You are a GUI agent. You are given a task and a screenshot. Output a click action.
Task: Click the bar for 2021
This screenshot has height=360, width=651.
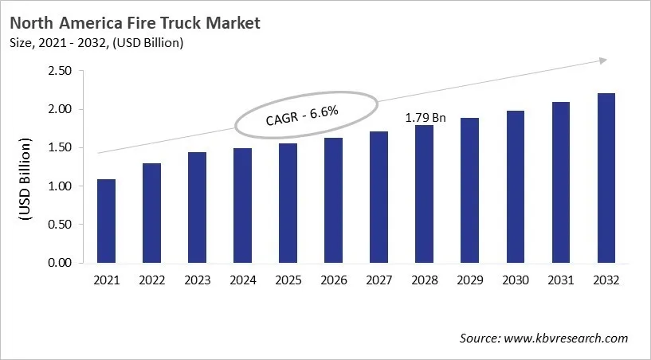[x=107, y=221]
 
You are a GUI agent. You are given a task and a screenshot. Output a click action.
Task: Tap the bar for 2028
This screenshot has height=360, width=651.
[x=425, y=194]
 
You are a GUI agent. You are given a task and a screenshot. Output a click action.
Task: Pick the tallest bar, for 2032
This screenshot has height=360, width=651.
[x=606, y=178]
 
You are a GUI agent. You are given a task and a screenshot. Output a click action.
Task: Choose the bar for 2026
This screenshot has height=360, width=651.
[x=334, y=200]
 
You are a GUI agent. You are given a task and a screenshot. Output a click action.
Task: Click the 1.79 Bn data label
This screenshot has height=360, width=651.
[x=426, y=118]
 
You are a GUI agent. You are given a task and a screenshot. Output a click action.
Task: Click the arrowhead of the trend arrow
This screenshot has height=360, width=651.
[x=604, y=61]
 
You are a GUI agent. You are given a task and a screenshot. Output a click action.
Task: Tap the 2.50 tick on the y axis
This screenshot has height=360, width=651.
[x=61, y=71]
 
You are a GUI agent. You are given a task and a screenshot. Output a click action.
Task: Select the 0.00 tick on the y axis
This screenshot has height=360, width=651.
[x=61, y=263]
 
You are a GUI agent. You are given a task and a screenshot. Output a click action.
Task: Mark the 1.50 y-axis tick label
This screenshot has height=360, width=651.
[x=61, y=148]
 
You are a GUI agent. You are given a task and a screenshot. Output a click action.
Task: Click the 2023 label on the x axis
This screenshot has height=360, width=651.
[x=198, y=280]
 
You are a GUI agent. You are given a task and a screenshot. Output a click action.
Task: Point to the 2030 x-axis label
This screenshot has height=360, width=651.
[x=516, y=280]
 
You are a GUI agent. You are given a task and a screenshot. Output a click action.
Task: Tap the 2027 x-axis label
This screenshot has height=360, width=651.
[x=379, y=280]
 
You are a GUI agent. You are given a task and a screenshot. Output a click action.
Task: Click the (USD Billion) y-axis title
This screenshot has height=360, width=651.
[x=25, y=180]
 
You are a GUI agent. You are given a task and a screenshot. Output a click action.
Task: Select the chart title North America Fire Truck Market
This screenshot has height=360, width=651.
[x=135, y=23]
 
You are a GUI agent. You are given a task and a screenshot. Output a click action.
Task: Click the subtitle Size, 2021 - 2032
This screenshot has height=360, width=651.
[x=96, y=43]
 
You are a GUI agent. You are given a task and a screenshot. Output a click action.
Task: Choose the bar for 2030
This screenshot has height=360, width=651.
[x=516, y=186]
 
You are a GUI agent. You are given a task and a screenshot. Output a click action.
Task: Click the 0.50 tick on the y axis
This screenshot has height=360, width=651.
[x=61, y=225]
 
